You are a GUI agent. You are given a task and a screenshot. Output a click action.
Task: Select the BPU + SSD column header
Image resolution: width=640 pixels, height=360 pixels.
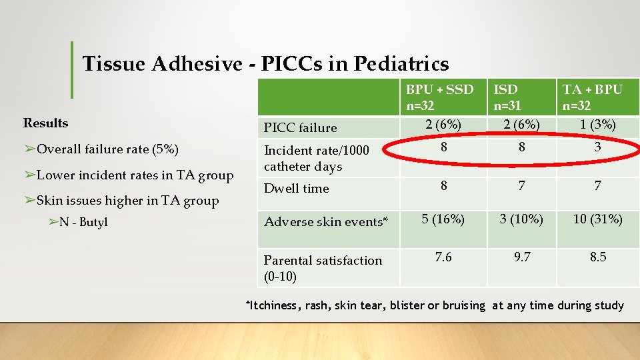(439, 97)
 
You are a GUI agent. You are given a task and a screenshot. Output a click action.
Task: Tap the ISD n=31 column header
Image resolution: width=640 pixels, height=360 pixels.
(506, 97)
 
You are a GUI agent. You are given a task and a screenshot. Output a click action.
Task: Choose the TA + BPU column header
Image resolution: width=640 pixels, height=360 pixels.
(592, 97)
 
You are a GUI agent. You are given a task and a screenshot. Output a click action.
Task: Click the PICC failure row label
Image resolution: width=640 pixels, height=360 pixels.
(300, 127)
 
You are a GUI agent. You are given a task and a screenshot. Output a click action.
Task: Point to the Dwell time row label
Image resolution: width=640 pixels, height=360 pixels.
(297, 188)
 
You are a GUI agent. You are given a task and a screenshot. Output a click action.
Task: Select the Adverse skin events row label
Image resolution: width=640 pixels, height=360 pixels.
(326, 222)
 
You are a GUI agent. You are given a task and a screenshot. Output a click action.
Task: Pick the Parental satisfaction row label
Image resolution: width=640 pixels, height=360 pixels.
(323, 267)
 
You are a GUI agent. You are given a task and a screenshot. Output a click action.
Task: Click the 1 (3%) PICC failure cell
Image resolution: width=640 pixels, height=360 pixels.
(597, 125)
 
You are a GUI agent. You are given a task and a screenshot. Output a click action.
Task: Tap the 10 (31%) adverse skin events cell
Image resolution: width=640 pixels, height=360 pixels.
(597, 219)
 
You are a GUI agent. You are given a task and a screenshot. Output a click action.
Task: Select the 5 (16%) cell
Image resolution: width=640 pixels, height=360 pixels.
(443, 219)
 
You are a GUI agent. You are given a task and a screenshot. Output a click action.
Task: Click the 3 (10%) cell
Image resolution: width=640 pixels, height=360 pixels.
(521, 219)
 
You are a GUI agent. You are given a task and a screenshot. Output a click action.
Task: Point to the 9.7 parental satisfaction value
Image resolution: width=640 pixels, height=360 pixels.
(521, 257)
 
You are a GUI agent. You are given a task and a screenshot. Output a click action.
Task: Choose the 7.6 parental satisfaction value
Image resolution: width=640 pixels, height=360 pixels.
(443, 257)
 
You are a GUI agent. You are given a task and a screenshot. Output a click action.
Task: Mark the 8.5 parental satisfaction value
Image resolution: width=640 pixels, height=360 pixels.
(597, 257)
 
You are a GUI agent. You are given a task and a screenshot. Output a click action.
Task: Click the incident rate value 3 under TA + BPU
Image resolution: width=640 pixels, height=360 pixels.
(597, 147)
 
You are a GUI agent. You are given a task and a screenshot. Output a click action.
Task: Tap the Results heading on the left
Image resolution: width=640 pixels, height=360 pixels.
(45, 123)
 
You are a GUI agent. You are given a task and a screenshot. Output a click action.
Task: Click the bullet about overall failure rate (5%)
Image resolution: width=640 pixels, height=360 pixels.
(101, 149)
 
